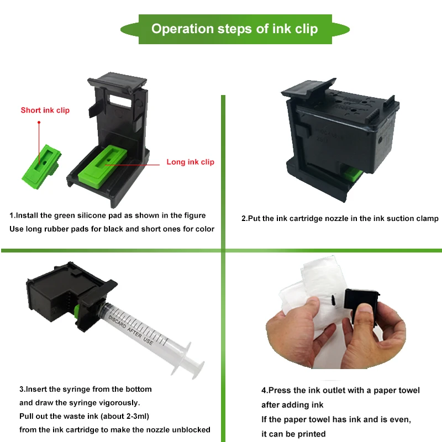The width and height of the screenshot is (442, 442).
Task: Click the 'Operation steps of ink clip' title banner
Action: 234,29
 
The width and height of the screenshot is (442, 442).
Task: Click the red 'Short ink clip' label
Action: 45,110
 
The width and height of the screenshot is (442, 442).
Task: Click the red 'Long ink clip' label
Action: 190,162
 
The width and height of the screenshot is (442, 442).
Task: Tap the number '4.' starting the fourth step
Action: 265,390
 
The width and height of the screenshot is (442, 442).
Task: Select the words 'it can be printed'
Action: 293,434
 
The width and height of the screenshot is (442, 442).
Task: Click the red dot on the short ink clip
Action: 39,122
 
